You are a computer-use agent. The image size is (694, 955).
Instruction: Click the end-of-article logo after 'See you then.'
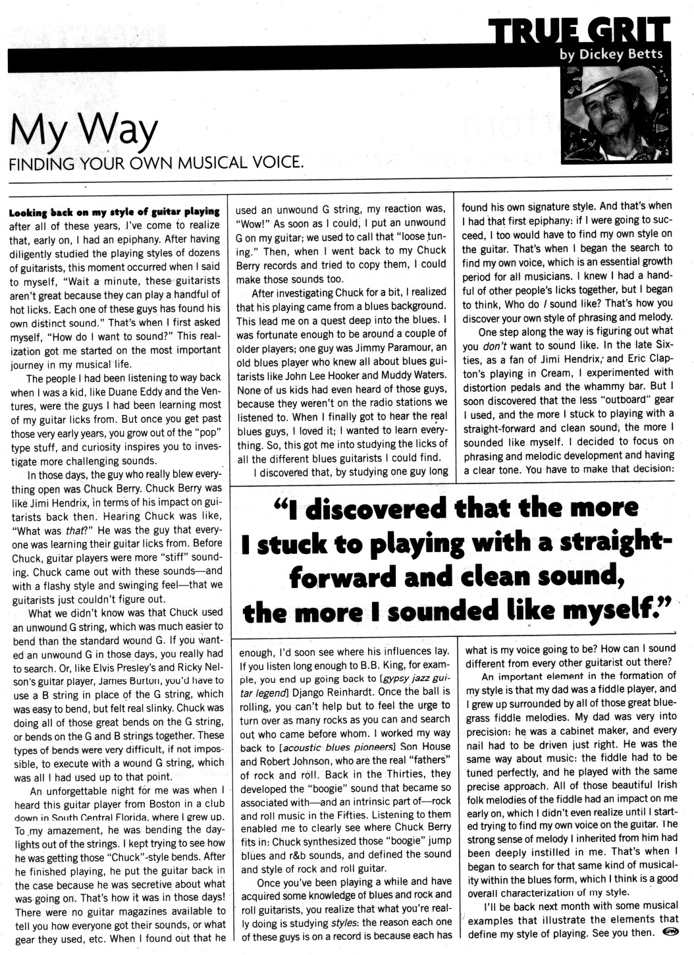click(668, 933)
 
